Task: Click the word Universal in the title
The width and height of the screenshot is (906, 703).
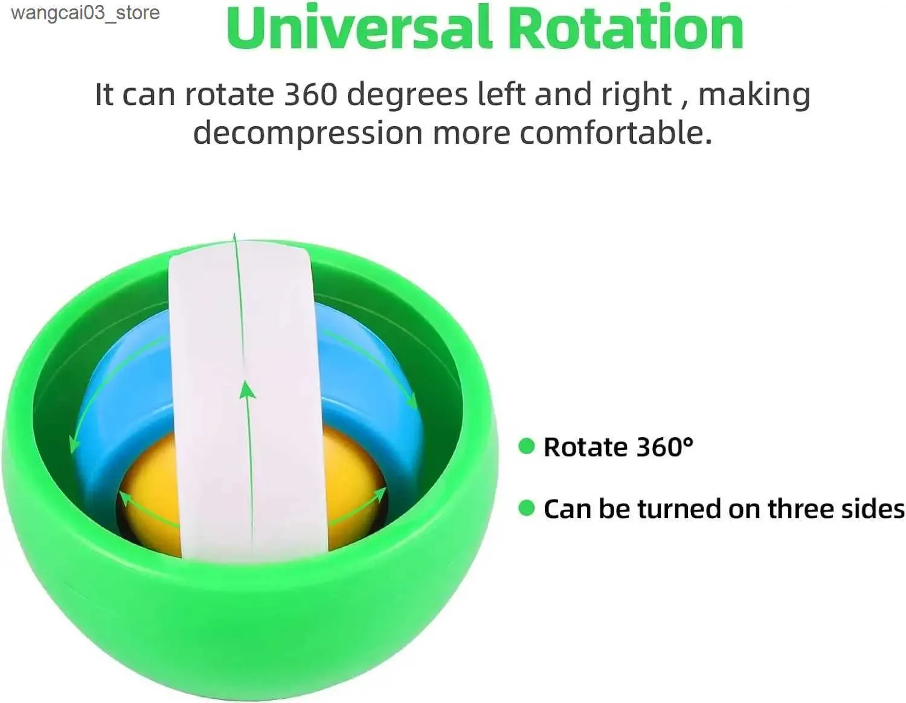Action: coord(359,28)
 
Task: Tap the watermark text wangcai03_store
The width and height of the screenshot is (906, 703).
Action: coord(86,13)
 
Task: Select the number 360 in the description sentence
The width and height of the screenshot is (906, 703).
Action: coord(310,94)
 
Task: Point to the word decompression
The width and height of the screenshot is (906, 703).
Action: coord(307,133)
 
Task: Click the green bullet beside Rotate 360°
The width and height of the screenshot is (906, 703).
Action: coord(527,446)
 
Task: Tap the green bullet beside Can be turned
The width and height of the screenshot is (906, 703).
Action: coord(527,508)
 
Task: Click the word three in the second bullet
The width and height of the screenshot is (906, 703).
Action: coord(800,509)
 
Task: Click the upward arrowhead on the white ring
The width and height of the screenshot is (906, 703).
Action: coord(248,391)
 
